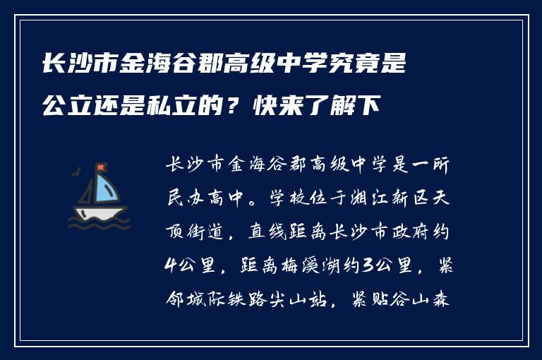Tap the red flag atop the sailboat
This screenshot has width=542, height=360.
click(x=101, y=167)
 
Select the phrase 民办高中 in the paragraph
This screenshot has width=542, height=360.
click(x=209, y=200)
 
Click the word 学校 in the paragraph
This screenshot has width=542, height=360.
click(x=290, y=200)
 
